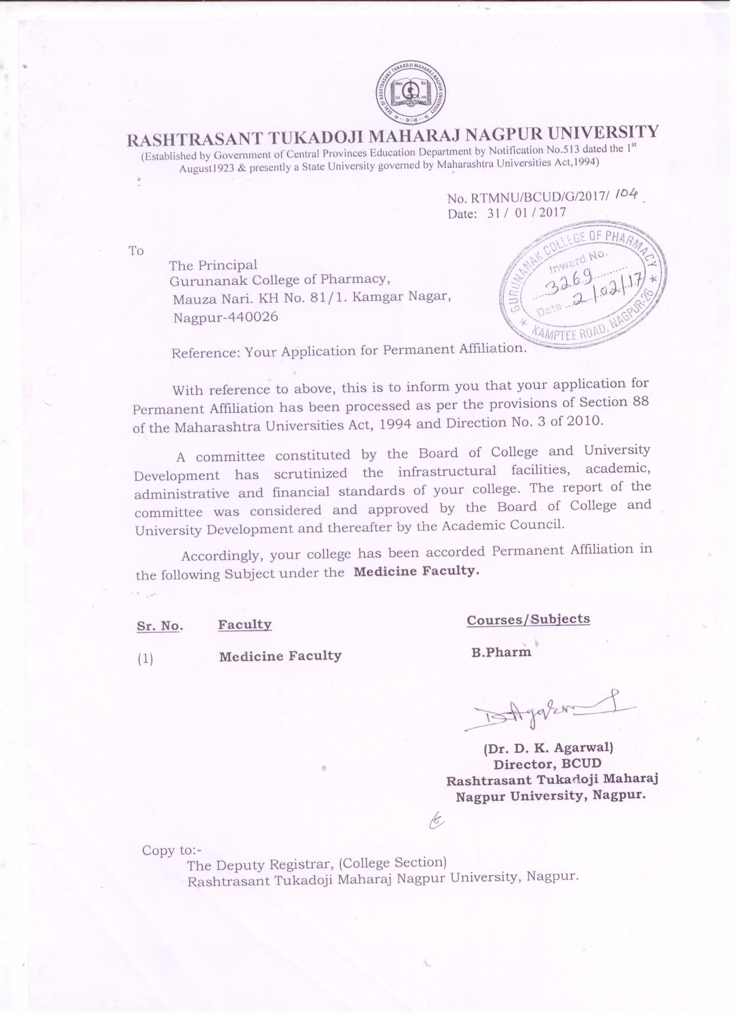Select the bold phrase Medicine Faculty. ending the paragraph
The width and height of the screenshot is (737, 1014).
[416, 571]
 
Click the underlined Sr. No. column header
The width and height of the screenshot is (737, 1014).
[160, 626]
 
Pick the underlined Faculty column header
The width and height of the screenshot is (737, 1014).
[245, 625]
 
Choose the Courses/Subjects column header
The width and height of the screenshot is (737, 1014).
[528, 619]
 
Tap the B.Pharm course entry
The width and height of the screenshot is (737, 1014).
[501, 652]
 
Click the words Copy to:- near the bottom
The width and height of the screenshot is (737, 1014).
[172, 850]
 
